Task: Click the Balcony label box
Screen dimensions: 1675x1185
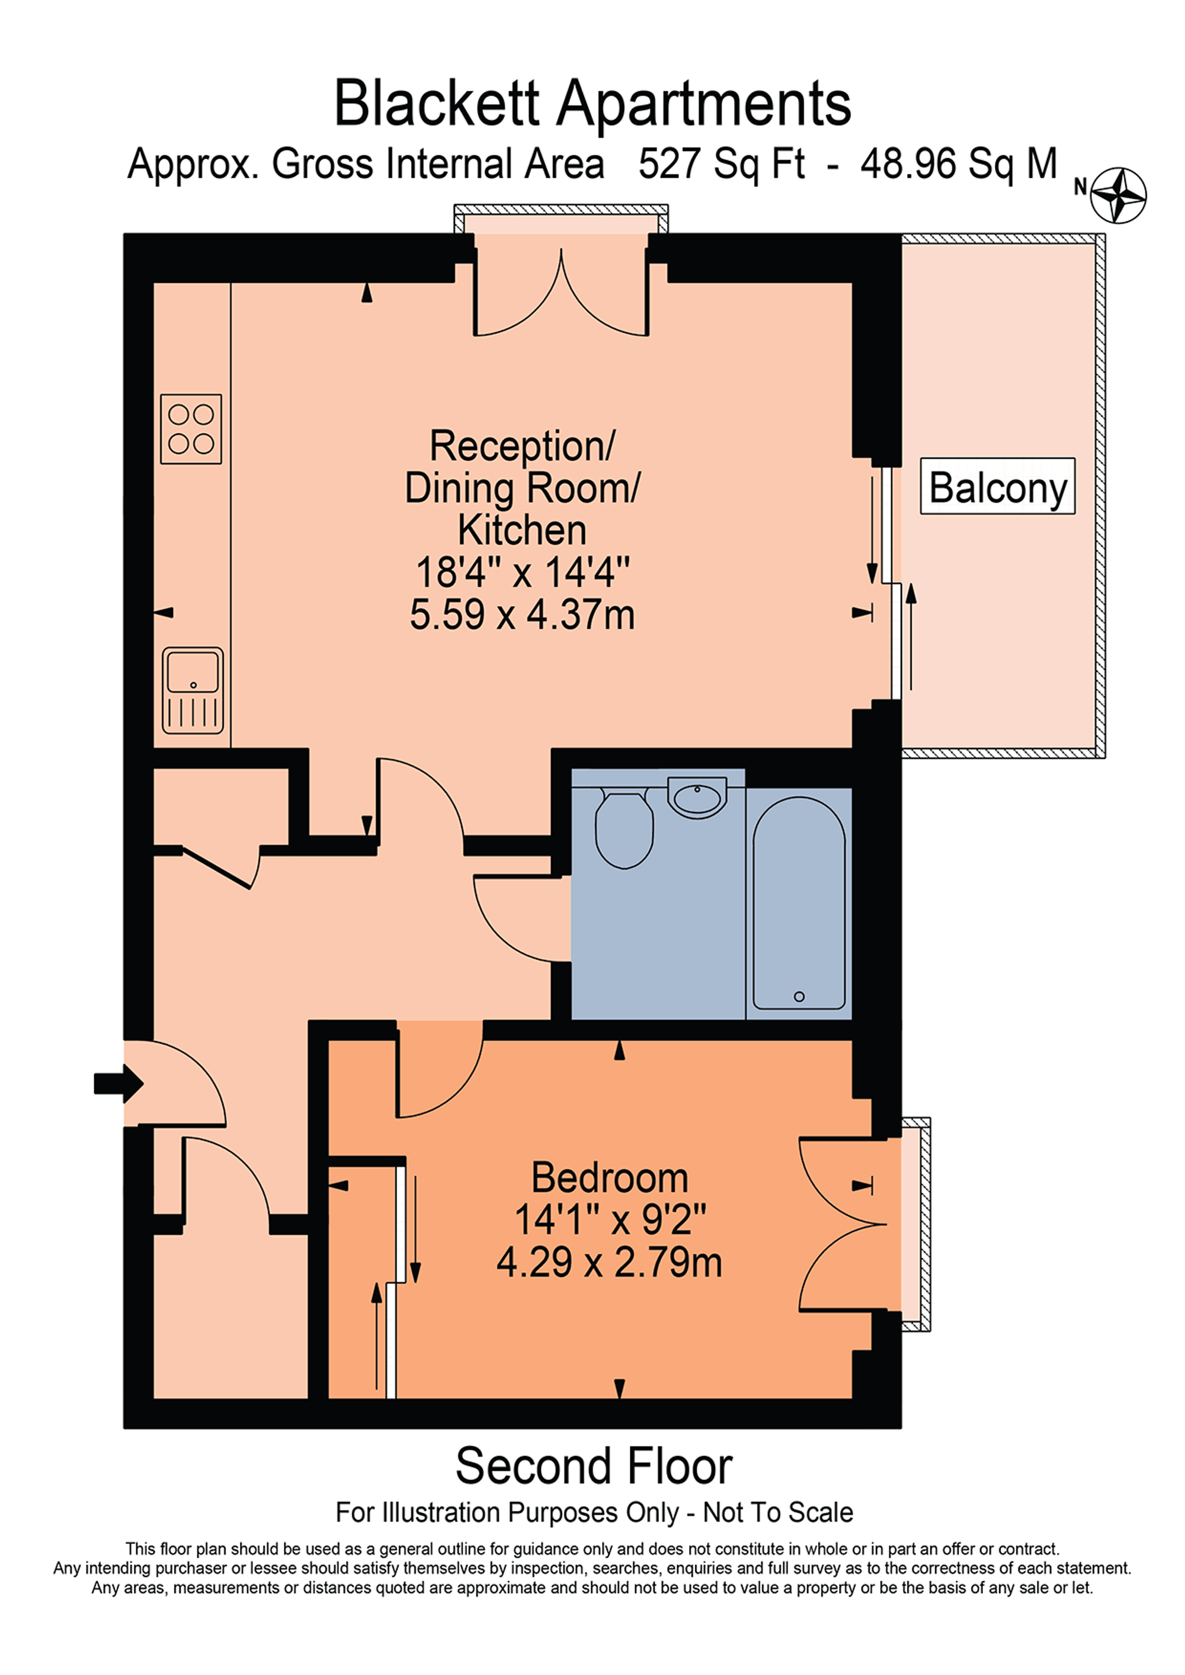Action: click(x=997, y=486)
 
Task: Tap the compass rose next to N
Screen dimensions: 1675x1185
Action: click(x=1118, y=195)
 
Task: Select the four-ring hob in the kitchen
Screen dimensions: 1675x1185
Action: click(x=191, y=429)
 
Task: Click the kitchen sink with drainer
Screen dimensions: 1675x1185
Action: click(x=193, y=690)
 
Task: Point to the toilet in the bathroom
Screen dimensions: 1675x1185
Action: click(x=624, y=830)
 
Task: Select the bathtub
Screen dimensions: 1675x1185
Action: click(x=799, y=903)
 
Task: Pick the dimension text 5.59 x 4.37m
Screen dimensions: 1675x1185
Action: click(x=522, y=614)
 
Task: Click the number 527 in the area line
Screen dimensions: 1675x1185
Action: click(x=668, y=164)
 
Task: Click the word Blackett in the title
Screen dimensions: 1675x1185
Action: click(x=435, y=104)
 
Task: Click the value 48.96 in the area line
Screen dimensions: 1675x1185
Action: click(x=908, y=164)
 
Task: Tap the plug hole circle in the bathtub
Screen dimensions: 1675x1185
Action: click(x=799, y=997)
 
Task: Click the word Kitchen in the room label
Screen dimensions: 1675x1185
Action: click(x=522, y=530)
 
